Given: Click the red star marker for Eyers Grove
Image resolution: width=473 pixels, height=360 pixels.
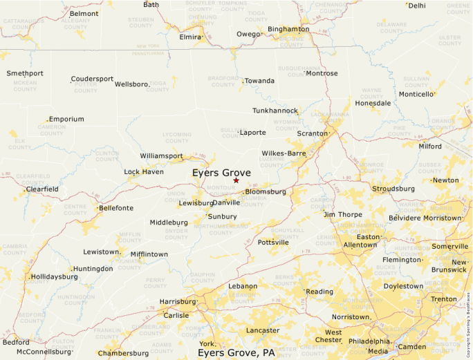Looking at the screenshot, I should pos(236,180).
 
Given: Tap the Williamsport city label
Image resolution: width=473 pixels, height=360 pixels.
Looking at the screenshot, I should pos(161,156).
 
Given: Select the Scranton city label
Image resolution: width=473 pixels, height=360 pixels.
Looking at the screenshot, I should pos(311,133).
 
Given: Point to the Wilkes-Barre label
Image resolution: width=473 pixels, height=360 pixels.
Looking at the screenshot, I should pos(284,153).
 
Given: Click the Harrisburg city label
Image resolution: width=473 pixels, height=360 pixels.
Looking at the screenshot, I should pos(177,302).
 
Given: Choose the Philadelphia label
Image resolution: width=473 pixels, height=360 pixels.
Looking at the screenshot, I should pos(369,341).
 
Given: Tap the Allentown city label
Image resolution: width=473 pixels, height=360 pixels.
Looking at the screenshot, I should pos(360,245).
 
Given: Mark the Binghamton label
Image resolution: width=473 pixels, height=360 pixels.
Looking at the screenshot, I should pos(288,29).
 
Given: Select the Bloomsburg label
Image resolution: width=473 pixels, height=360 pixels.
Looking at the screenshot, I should pos(266,191).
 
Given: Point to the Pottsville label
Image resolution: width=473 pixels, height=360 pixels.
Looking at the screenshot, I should pos(273,243).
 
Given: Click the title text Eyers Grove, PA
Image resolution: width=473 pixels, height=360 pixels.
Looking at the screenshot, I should pos(236,353).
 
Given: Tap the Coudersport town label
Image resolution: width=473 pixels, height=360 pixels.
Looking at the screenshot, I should pos(92,79).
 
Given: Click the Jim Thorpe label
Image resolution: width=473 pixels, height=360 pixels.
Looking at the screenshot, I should pos(342,214).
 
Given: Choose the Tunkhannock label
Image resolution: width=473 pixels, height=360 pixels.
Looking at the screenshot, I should pos(275,111).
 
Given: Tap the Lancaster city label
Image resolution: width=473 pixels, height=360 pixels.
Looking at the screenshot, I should pos(263,331).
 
